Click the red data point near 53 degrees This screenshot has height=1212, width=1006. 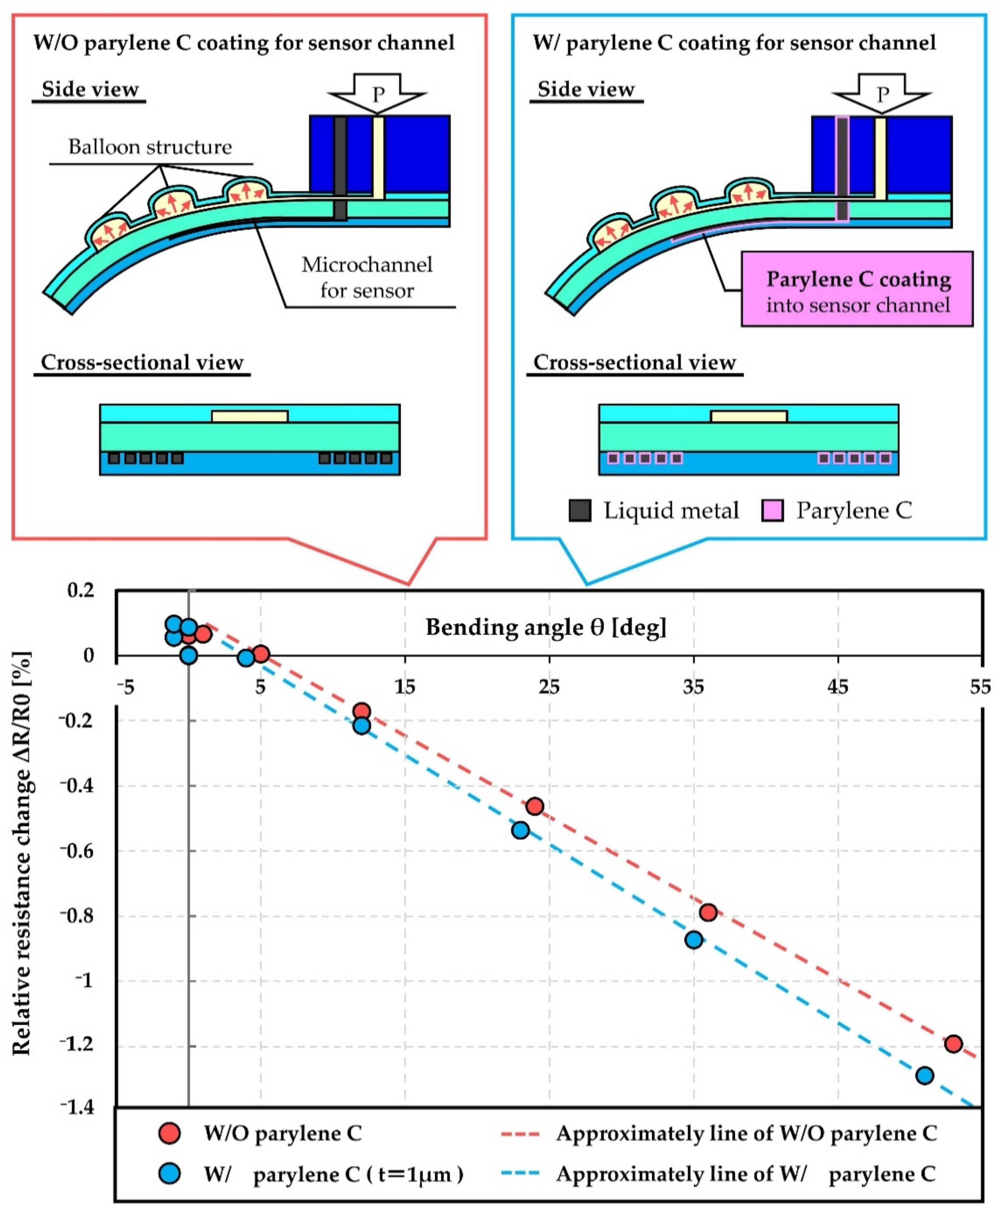[x=953, y=1043]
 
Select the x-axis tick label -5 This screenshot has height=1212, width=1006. [x=125, y=687]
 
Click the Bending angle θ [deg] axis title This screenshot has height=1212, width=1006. [x=546, y=627]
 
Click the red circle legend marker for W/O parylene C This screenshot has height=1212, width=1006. [x=169, y=1133]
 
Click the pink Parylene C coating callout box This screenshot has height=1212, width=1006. [x=857, y=289]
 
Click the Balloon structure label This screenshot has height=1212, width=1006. [x=150, y=147]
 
